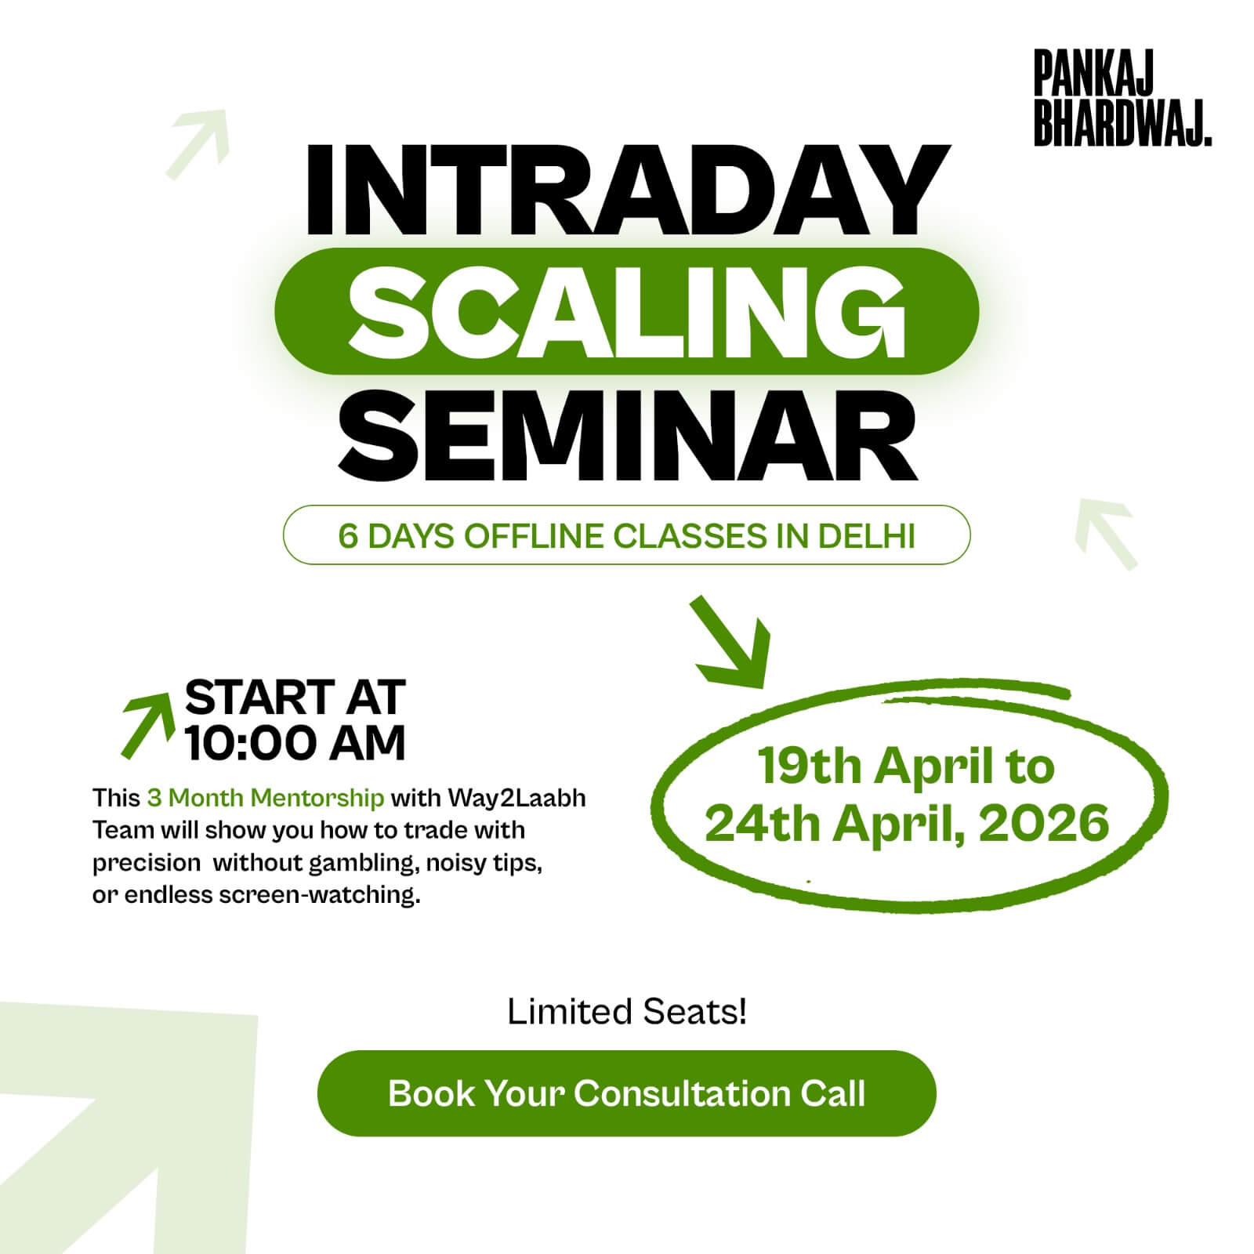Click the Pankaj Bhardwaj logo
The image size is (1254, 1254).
(x=1122, y=99)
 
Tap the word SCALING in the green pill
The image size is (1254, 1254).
(x=626, y=311)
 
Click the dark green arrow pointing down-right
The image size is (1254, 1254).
(x=730, y=641)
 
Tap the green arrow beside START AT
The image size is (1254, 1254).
(x=147, y=726)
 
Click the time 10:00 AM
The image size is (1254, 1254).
(x=295, y=742)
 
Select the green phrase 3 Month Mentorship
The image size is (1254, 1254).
(x=266, y=798)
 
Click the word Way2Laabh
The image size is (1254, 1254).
(x=516, y=798)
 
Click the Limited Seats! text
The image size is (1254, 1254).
(x=627, y=1012)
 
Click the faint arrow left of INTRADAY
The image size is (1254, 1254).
(x=198, y=143)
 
